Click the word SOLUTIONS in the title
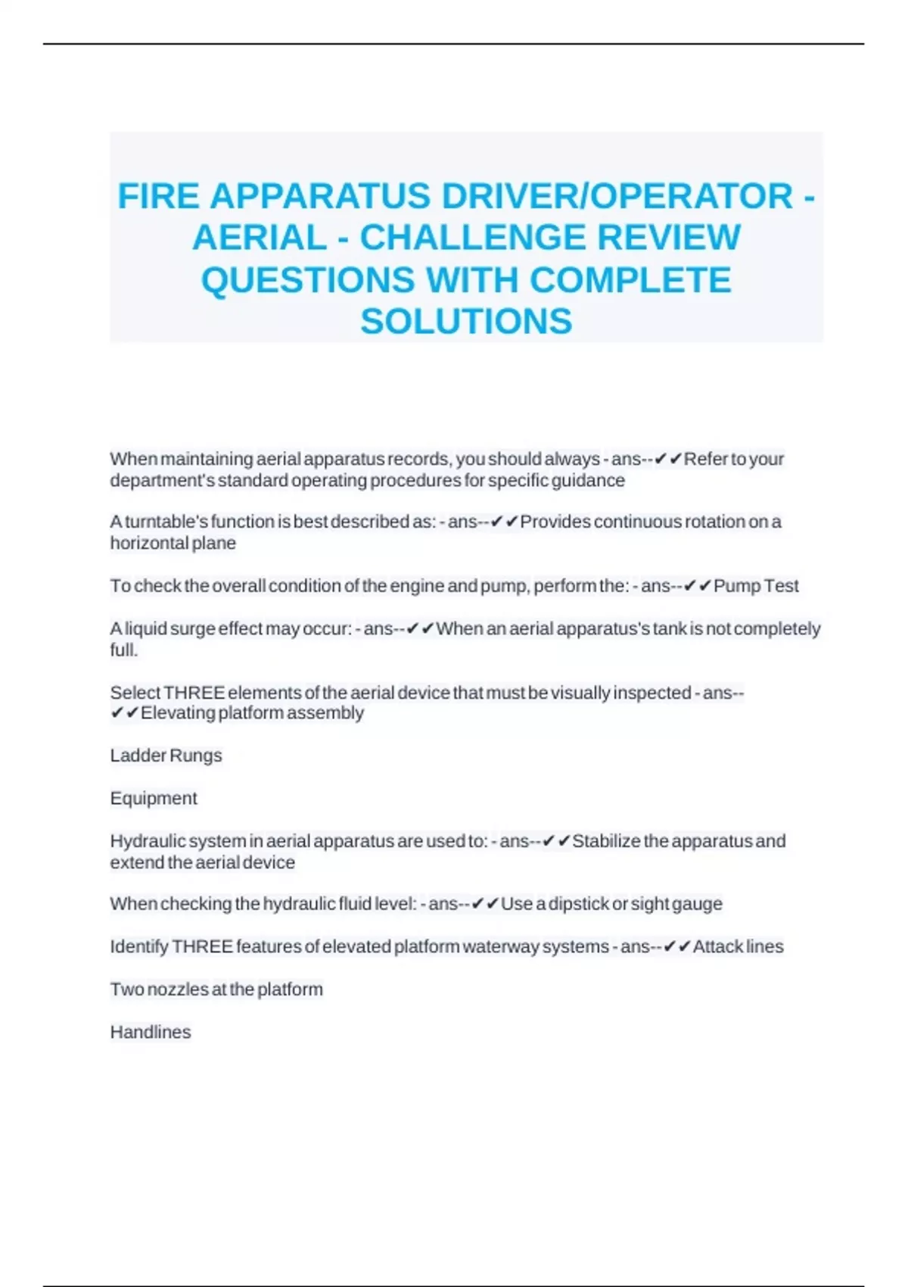click(466, 321)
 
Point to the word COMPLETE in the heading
click(630, 279)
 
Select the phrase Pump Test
click(756, 586)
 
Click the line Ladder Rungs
click(166, 756)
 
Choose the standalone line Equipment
click(154, 798)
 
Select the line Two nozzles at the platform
click(216, 989)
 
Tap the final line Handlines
click(151, 1032)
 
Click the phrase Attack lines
click(738, 946)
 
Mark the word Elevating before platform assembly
click(178, 713)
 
